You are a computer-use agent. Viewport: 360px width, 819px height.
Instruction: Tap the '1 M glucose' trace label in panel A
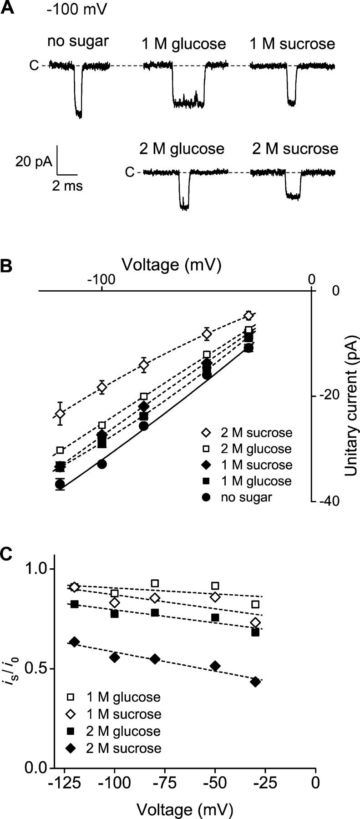point(183,44)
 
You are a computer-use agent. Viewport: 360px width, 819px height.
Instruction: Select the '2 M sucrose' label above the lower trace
point(295,149)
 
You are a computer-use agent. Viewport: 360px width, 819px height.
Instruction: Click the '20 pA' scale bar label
point(34,162)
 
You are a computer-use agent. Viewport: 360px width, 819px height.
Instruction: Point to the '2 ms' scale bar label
point(67,186)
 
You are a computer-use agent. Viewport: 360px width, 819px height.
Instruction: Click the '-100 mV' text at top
point(77,9)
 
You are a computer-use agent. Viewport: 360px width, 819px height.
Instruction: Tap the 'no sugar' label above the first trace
point(78,41)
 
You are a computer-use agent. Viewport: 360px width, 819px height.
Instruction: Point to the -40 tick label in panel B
point(329,501)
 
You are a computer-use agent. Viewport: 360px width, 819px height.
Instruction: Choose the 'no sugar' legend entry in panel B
point(246,497)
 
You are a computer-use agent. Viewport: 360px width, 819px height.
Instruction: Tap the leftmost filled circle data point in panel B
point(60,484)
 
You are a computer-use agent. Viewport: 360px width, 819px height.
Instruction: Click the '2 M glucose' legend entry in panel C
point(123,731)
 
